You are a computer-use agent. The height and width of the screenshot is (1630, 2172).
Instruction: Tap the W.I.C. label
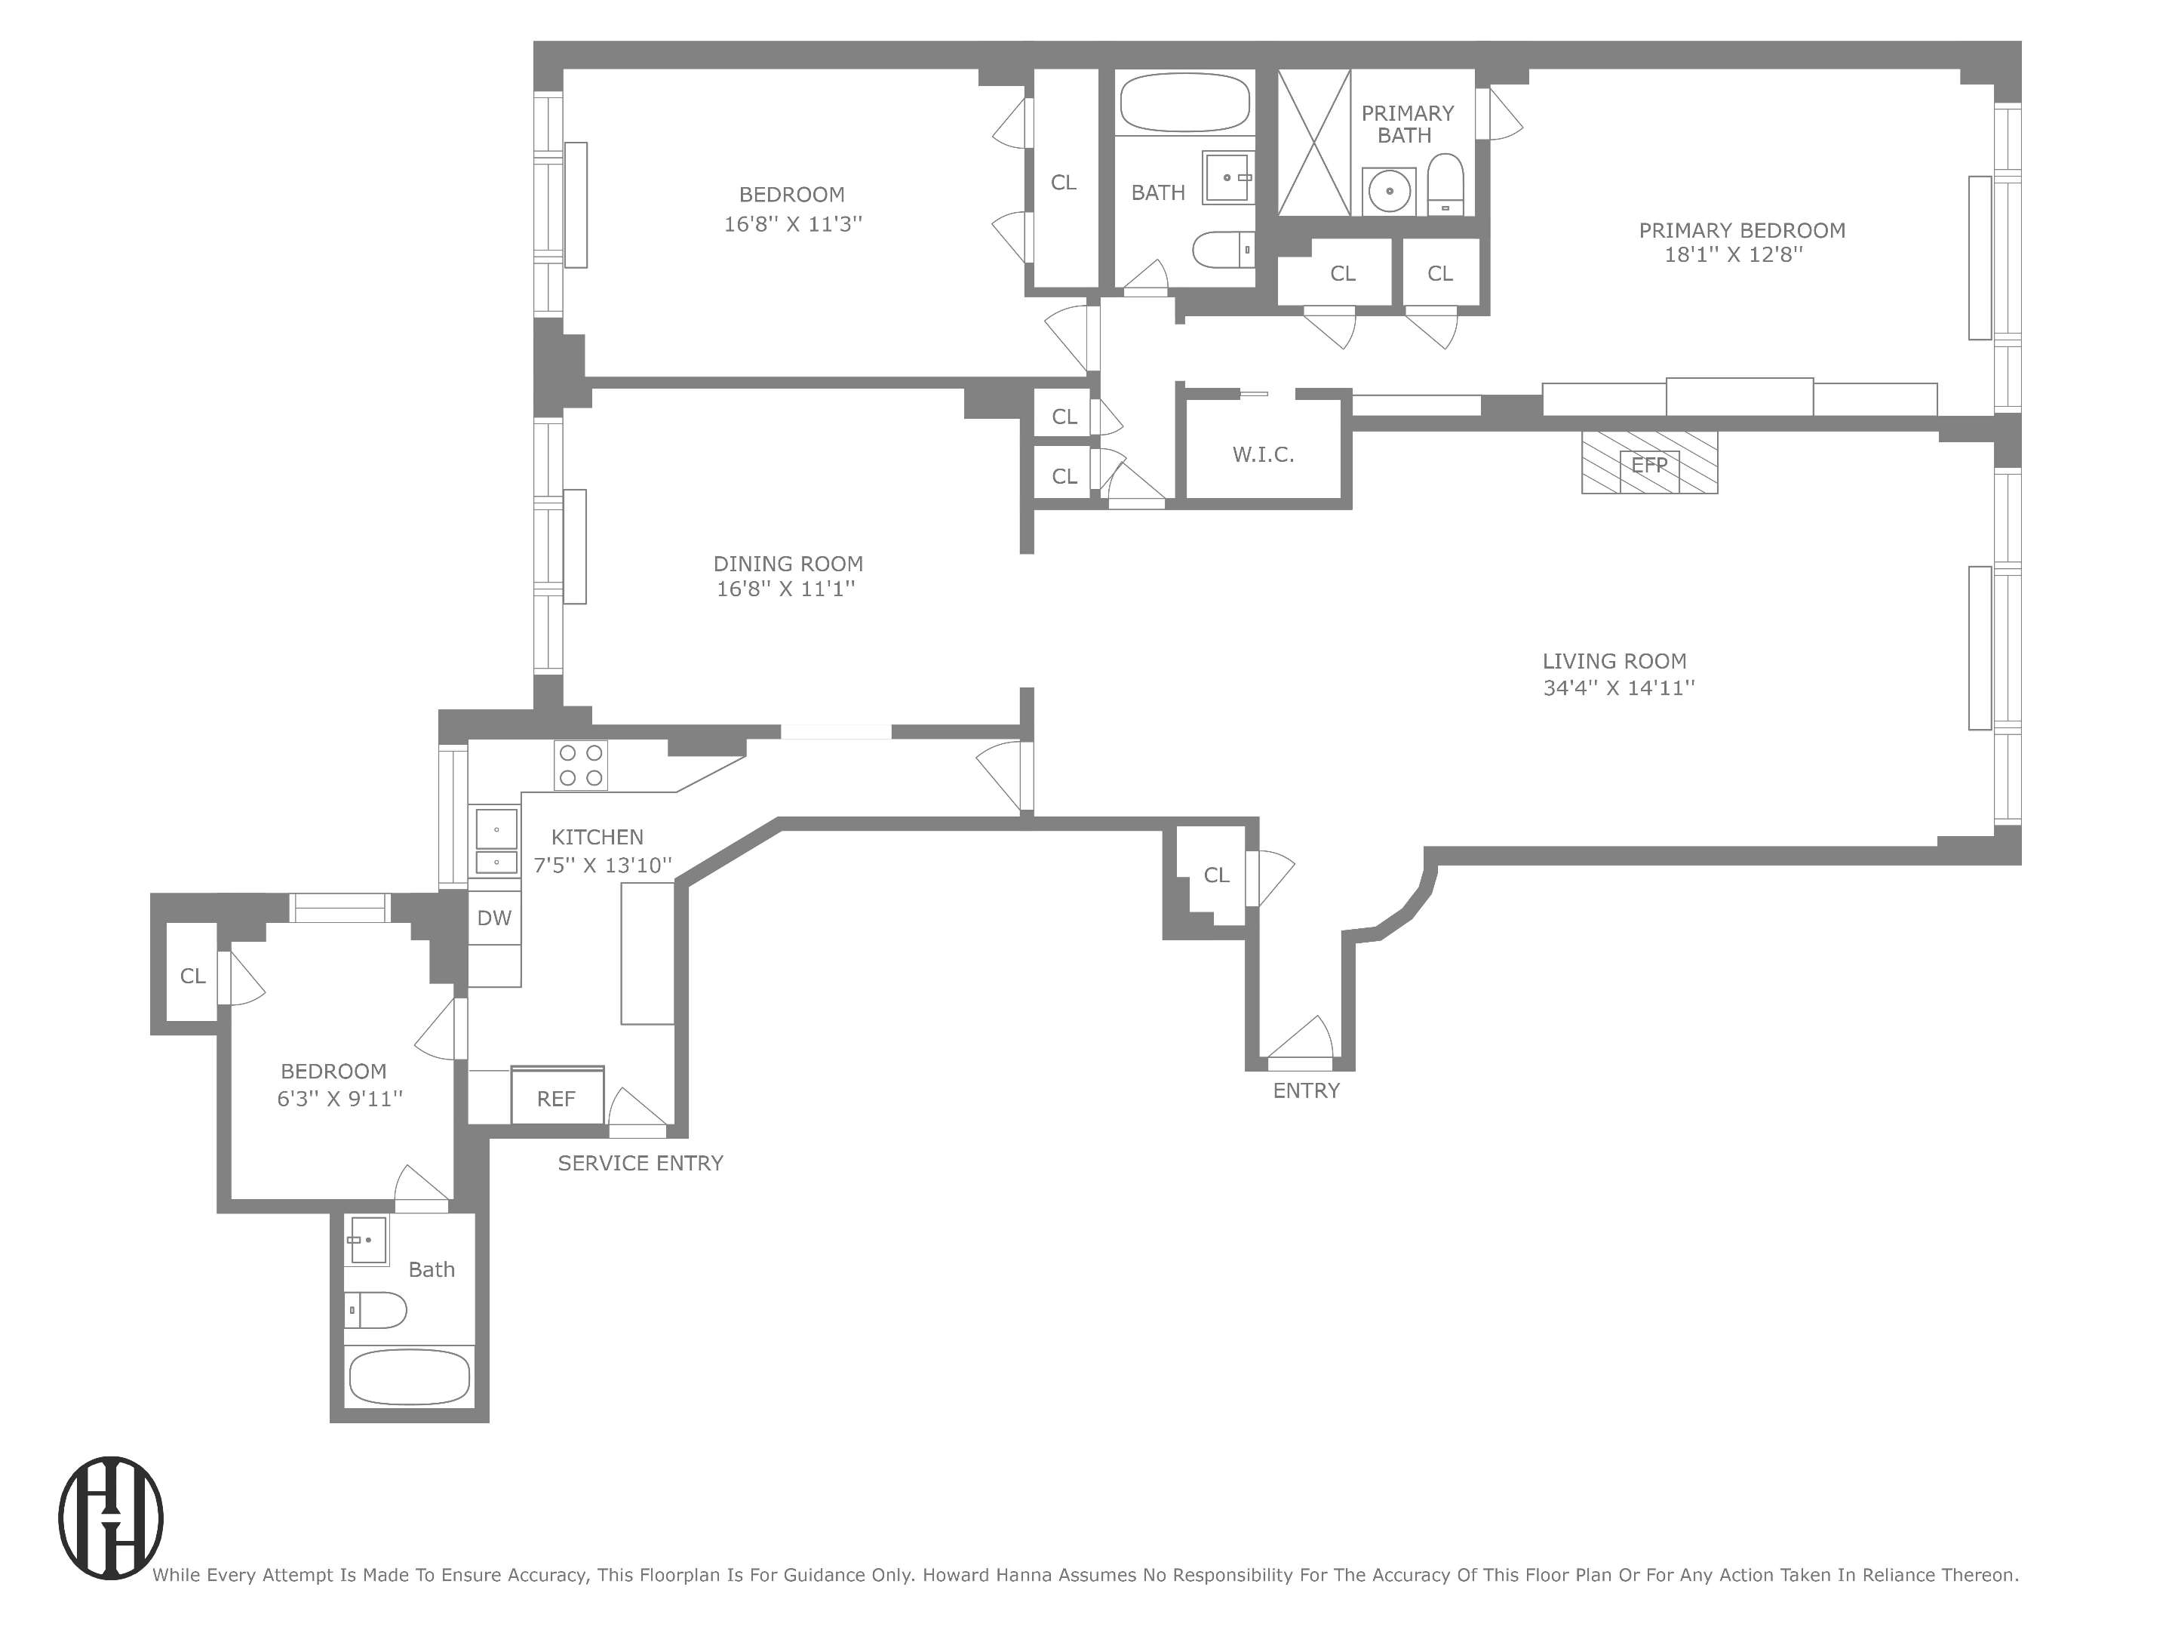pos(1263,454)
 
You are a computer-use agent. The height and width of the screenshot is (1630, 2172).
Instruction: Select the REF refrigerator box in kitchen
pos(557,1096)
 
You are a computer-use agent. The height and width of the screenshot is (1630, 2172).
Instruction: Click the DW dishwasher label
pos(494,918)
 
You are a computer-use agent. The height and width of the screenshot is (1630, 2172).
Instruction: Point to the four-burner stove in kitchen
pos(580,766)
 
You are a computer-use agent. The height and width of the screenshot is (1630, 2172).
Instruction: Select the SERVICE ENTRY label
pos(641,1164)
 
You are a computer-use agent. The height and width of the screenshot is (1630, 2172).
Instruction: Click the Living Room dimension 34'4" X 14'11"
pos(1618,688)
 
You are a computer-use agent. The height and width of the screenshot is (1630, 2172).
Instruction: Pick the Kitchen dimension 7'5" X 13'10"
pos(602,865)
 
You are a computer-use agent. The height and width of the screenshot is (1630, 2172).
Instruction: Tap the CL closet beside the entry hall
pos(1215,875)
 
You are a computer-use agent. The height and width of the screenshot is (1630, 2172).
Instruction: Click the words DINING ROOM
pos(788,564)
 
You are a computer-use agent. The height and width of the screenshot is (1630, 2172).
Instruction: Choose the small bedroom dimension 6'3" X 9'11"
pos(339,1099)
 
